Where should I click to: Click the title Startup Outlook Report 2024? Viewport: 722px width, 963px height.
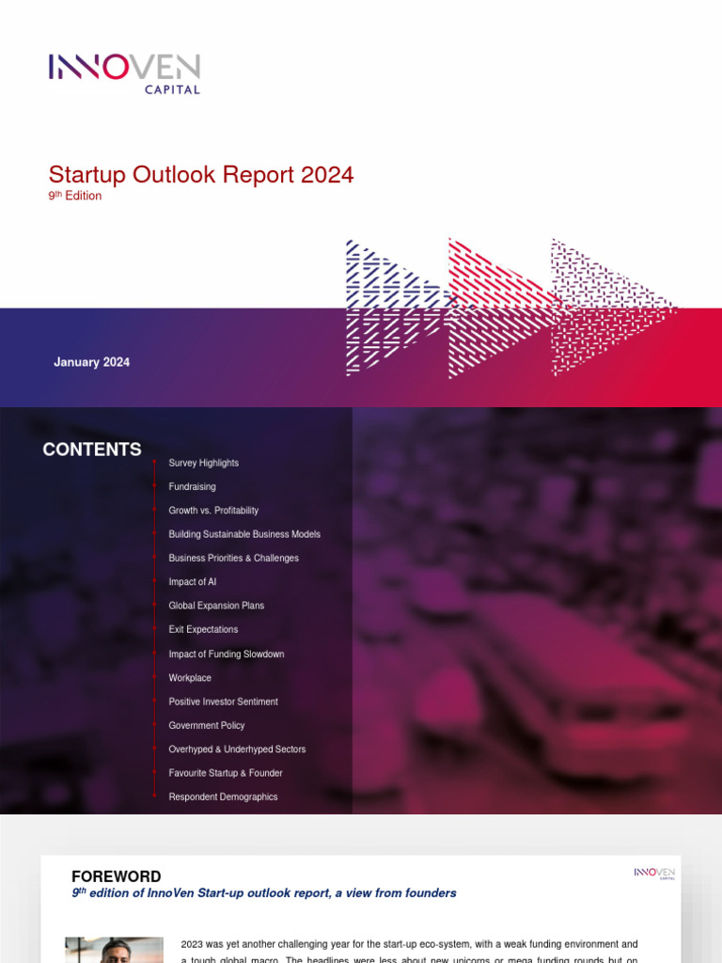[x=201, y=175]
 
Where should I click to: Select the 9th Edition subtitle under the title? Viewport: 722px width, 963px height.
[x=75, y=197]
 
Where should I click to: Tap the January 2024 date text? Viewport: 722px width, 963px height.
[x=91, y=362]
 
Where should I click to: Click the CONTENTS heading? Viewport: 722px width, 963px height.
[x=92, y=450]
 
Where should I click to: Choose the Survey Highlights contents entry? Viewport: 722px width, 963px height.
[x=203, y=463]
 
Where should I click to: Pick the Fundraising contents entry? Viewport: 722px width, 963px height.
[x=192, y=487]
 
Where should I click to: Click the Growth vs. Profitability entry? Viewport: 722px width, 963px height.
[x=213, y=511]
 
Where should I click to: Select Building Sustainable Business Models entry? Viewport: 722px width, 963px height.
[x=244, y=534]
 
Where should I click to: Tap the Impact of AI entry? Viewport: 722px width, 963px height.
[x=192, y=582]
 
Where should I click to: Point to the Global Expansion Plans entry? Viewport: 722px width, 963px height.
[x=216, y=606]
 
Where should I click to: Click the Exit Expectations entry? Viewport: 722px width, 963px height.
[x=203, y=630]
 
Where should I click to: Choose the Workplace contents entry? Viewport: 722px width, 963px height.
[x=190, y=678]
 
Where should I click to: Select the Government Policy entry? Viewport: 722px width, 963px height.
[x=206, y=726]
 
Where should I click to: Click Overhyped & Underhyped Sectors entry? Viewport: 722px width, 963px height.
[x=237, y=750]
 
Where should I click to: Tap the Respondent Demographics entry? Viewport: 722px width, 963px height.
[x=223, y=797]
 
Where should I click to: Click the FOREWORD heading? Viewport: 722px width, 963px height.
[x=116, y=876]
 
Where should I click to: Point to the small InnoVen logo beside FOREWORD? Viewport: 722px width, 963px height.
[x=654, y=875]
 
